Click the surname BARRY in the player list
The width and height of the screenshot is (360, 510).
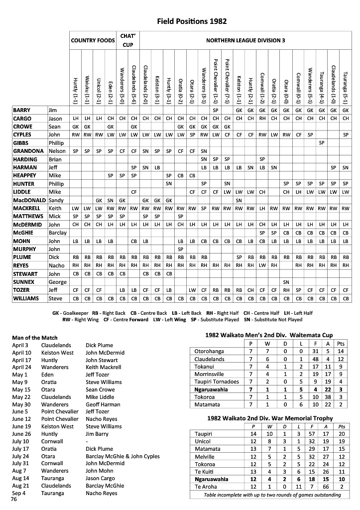[x=22, y=110]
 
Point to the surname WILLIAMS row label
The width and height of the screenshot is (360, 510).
[x=26, y=298]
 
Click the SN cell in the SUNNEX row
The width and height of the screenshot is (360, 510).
[x=286, y=282]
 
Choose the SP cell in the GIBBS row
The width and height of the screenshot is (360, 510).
[x=322, y=142]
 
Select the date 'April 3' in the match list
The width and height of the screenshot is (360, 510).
[x=20, y=345]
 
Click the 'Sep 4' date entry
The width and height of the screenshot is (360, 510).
[x=19, y=493]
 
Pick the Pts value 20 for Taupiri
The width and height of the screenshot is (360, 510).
[x=341, y=434]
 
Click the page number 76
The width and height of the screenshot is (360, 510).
[x=14, y=500]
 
